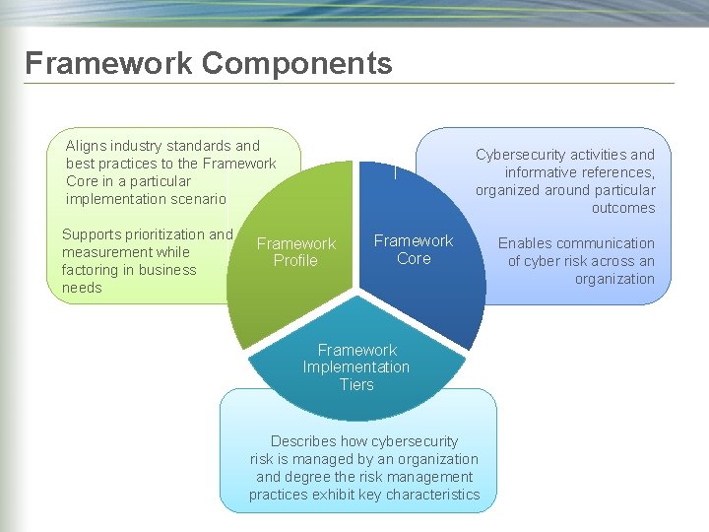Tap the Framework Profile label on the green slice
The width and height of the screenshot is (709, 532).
click(295, 252)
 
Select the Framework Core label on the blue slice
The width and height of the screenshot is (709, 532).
click(414, 249)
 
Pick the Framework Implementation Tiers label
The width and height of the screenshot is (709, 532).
click(356, 367)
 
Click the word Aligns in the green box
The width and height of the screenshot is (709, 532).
click(86, 146)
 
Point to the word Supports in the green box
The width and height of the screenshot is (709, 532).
click(92, 234)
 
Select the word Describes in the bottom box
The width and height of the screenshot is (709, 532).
click(304, 441)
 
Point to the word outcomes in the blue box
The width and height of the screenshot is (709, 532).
click(623, 208)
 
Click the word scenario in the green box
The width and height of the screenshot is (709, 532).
click(197, 199)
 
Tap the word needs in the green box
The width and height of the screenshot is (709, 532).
click(82, 288)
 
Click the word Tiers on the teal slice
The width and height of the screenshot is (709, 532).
click(356, 385)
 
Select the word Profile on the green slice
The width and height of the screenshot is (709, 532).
click(295, 261)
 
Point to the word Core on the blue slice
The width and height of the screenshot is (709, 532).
click(414, 258)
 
